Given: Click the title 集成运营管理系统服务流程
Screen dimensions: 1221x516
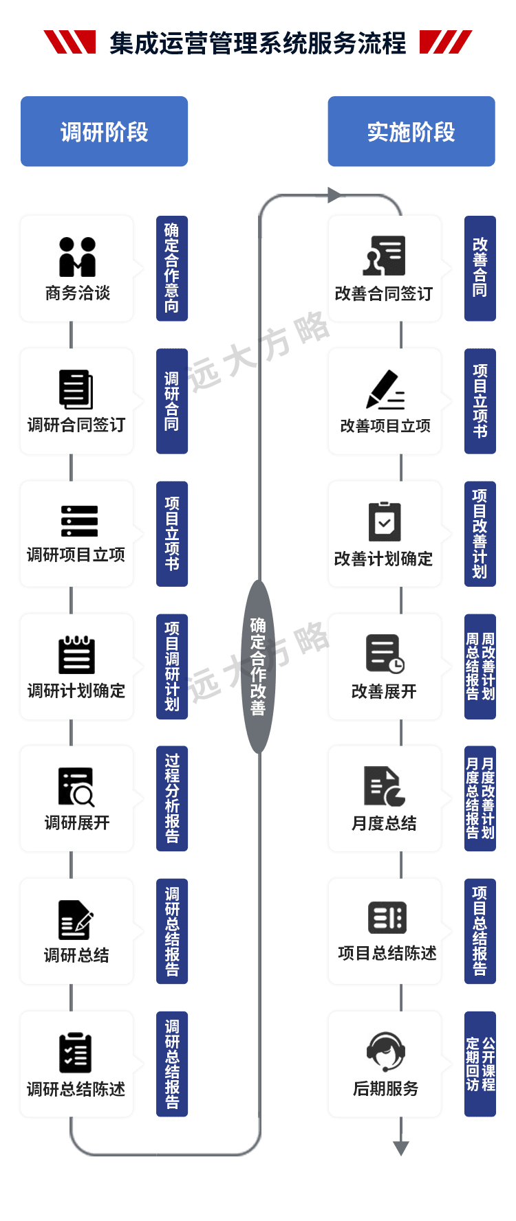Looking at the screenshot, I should point(257,44).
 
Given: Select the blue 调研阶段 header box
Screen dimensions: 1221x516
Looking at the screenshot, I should point(104,132).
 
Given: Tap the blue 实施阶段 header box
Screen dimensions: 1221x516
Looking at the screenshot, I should point(411,132).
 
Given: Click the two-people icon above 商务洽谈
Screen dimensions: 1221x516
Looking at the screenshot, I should point(77,257).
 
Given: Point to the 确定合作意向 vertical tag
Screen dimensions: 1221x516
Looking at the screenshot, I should point(172,269).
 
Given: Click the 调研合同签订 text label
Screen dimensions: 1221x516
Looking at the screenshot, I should point(76,425).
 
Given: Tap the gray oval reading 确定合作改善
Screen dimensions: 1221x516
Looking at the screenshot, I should point(258,666).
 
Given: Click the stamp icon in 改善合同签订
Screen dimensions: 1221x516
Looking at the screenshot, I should point(385,256).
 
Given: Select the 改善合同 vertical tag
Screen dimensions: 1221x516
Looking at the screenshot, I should point(480,269).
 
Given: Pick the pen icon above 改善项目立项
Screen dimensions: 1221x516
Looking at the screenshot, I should point(385,390).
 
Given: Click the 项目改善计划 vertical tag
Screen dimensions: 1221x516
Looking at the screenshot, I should point(480,533).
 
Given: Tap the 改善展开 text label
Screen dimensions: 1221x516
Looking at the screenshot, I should point(384,691).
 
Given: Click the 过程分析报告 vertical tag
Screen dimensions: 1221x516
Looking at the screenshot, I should point(172,798).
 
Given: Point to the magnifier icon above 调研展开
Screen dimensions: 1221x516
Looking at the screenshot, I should point(76,787).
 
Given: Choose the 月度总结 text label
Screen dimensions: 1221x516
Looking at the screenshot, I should point(384,823).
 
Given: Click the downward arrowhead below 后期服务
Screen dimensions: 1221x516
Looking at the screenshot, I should point(401,1147).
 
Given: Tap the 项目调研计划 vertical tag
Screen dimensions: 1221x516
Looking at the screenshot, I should point(172,666).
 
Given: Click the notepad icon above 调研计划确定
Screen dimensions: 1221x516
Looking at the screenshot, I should point(76,655).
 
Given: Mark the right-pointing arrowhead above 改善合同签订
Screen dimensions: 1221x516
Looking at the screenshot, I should point(334,196).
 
